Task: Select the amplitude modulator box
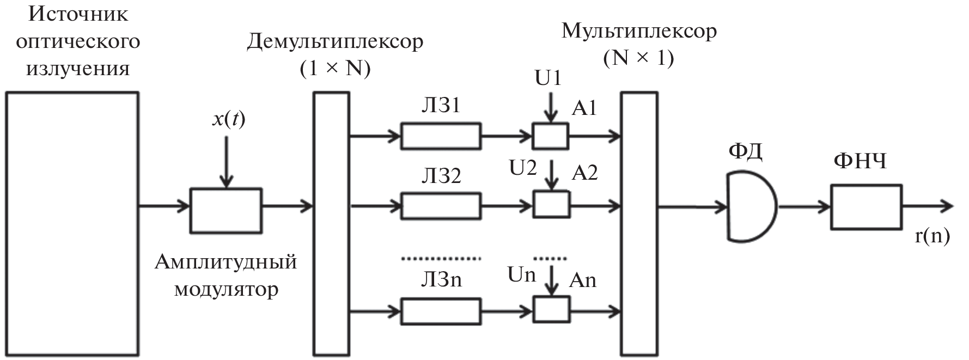226,210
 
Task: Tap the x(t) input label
228,119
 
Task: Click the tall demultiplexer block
331,224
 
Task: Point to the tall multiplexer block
639,224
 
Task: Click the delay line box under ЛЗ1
441,136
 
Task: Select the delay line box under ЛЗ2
441,206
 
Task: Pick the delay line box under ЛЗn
441,312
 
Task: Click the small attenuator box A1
550,136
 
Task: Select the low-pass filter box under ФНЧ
866,207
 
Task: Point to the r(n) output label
933,235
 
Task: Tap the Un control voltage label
521,275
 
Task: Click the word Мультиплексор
639,31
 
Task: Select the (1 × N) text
335,68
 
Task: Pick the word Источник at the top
79,14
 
